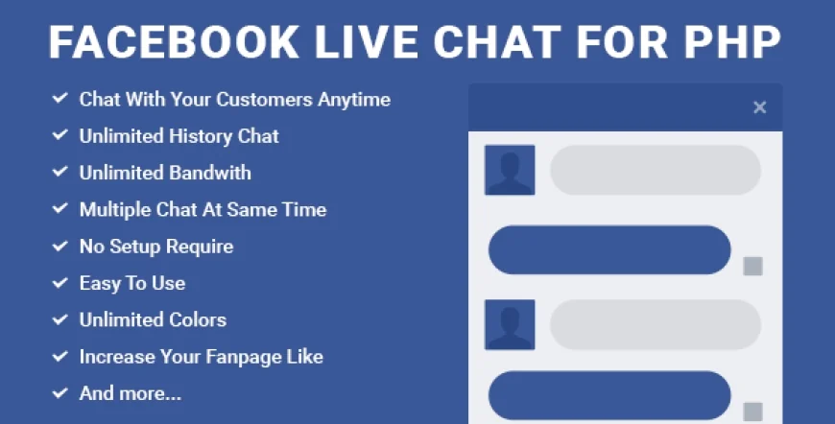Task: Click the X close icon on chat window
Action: tap(759, 107)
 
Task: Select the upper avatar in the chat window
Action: tap(510, 171)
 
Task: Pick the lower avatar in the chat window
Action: tap(510, 324)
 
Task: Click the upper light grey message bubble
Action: tap(655, 171)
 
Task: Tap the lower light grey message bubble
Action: tap(655, 324)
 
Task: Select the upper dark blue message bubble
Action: tap(609, 249)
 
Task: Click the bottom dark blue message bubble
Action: tap(609, 395)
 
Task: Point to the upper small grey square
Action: tap(753, 266)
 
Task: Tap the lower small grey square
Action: tap(753, 412)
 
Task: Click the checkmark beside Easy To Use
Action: tap(60, 283)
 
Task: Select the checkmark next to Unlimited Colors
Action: tap(60, 319)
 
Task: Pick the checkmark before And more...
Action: tap(60, 392)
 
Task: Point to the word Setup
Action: tap(135, 247)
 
